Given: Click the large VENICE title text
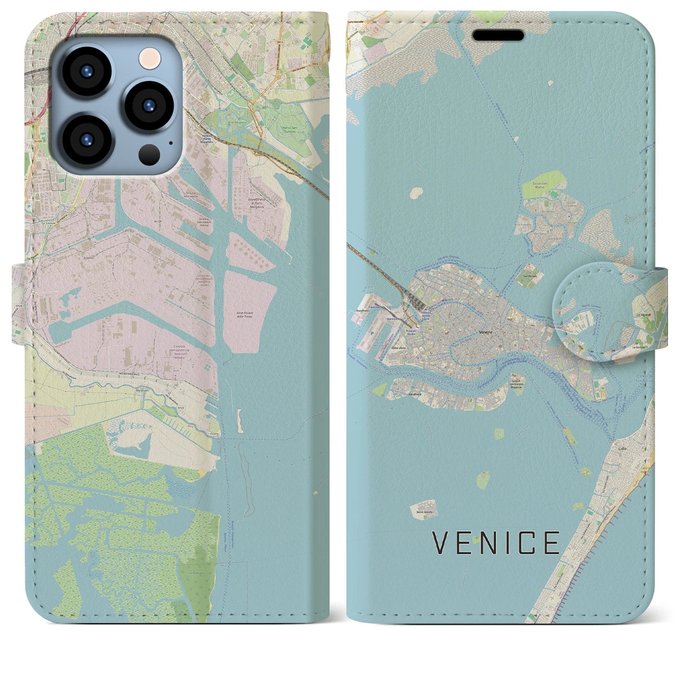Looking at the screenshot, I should point(496,542).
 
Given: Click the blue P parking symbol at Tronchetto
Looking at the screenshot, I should point(371,334).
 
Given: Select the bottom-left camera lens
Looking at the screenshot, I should point(86,139).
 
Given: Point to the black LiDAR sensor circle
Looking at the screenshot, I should point(150,154).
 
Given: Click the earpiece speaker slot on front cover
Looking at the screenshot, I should point(498,35).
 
